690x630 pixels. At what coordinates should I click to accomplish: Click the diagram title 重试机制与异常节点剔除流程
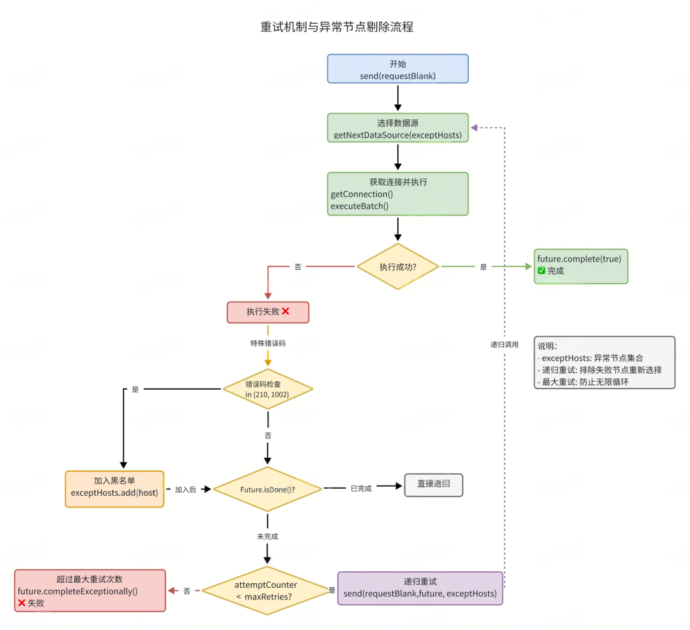(x=337, y=27)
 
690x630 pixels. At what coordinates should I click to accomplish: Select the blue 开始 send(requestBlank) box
(x=397, y=69)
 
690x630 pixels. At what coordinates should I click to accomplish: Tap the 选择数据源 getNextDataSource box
(x=397, y=128)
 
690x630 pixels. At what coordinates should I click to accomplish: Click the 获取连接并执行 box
(x=397, y=194)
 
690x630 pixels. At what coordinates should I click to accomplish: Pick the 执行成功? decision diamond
(x=397, y=266)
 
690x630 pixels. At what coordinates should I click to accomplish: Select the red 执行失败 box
(x=268, y=312)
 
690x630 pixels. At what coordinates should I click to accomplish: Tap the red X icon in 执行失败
(x=286, y=311)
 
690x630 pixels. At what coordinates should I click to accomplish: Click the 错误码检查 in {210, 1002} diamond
(x=268, y=389)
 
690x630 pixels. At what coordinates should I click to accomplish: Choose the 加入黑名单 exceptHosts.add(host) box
(x=114, y=489)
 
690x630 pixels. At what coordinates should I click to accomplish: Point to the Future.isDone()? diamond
(x=268, y=489)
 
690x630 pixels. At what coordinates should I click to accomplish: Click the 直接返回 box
(x=433, y=485)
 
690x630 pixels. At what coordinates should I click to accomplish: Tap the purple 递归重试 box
(x=420, y=588)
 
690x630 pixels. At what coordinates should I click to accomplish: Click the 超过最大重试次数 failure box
(x=90, y=590)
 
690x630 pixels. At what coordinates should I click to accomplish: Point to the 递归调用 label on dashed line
(x=505, y=344)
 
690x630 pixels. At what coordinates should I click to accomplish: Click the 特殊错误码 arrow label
(x=268, y=343)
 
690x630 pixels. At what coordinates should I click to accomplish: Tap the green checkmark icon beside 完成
(x=541, y=271)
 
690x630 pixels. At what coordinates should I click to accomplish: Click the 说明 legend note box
(x=604, y=362)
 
